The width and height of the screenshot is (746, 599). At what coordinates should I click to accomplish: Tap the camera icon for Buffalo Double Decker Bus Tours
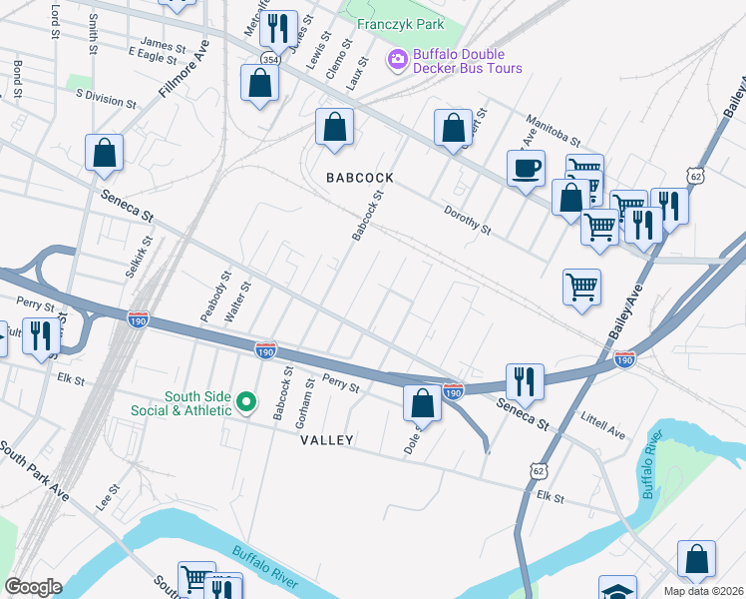[x=398, y=61]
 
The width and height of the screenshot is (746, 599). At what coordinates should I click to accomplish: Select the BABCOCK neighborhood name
[x=361, y=178]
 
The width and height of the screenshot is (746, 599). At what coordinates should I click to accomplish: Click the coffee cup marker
[x=526, y=168]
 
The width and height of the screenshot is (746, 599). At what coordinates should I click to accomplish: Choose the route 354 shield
[x=270, y=60]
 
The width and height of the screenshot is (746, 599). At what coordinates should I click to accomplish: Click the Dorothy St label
[x=468, y=222]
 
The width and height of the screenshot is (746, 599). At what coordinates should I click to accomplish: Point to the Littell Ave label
[x=602, y=429]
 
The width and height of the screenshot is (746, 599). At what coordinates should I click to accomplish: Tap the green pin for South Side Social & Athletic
[x=248, y=403]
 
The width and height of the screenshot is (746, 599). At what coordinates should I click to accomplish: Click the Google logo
[x=33, y=587]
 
